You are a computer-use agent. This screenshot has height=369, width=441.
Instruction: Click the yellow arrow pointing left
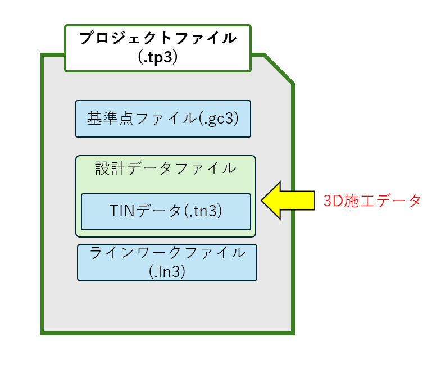288,201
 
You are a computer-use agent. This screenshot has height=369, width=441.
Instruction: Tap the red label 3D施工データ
372,201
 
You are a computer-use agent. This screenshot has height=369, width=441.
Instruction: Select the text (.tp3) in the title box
158,57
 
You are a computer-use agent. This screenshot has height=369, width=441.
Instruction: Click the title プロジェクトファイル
158,38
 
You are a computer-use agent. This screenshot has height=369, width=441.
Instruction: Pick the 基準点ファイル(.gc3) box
163,119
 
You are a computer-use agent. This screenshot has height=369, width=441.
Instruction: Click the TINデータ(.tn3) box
166,212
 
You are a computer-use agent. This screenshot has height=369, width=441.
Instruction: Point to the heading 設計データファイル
166,168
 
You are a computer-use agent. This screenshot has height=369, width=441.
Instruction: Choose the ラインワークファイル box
167,262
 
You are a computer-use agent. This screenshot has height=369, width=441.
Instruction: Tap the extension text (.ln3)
167,271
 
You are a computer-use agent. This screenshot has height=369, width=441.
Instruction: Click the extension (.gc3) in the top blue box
219,119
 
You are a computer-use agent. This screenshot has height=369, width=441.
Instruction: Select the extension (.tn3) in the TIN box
203,211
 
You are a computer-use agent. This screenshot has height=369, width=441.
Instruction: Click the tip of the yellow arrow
261,201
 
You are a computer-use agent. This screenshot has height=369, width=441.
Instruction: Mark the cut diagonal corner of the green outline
279,69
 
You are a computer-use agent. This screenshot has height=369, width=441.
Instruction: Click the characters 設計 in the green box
110,168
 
